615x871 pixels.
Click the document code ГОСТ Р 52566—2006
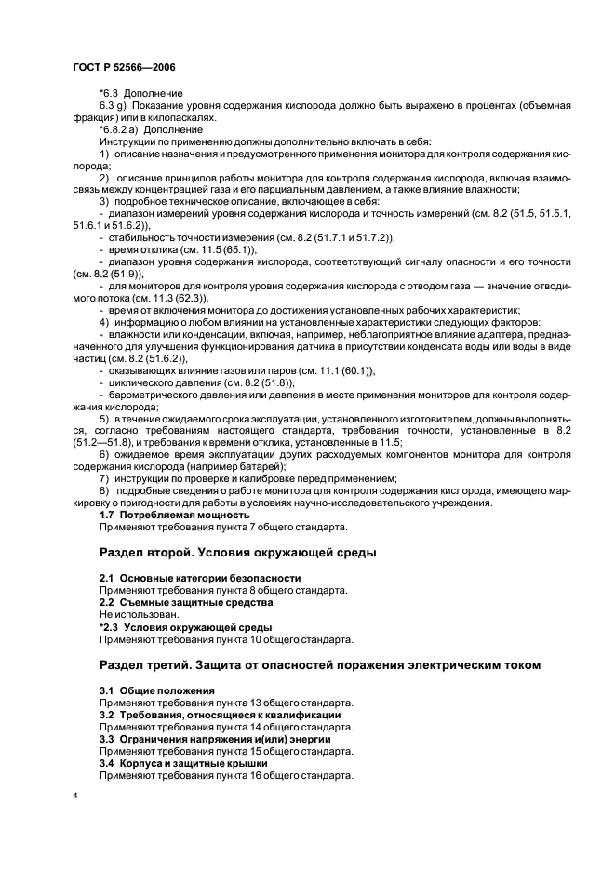124,66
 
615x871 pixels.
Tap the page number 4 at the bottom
74,797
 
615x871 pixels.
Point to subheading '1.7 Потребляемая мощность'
174,515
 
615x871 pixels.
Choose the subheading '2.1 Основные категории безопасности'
200,578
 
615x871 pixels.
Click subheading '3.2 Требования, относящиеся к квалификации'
220,714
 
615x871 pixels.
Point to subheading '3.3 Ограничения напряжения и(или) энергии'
215,738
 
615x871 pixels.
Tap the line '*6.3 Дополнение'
140,93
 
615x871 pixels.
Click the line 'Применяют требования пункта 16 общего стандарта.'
226,774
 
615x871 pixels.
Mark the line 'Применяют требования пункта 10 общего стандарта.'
226,640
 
